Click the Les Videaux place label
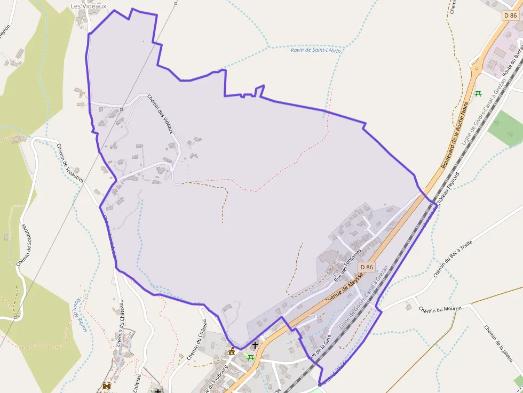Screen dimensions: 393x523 89,6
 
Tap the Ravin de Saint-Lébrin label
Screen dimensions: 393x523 316,50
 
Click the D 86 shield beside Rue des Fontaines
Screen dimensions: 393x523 366,267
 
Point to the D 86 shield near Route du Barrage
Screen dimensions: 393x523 510,15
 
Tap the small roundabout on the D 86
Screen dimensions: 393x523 477,68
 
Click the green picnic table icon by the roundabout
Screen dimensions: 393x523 478,94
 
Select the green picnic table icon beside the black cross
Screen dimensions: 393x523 250,357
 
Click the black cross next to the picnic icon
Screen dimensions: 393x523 255,345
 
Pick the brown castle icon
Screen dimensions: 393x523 107,386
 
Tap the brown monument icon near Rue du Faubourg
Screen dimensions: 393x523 232,351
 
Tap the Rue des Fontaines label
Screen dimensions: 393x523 347,265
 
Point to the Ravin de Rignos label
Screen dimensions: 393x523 81,315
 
